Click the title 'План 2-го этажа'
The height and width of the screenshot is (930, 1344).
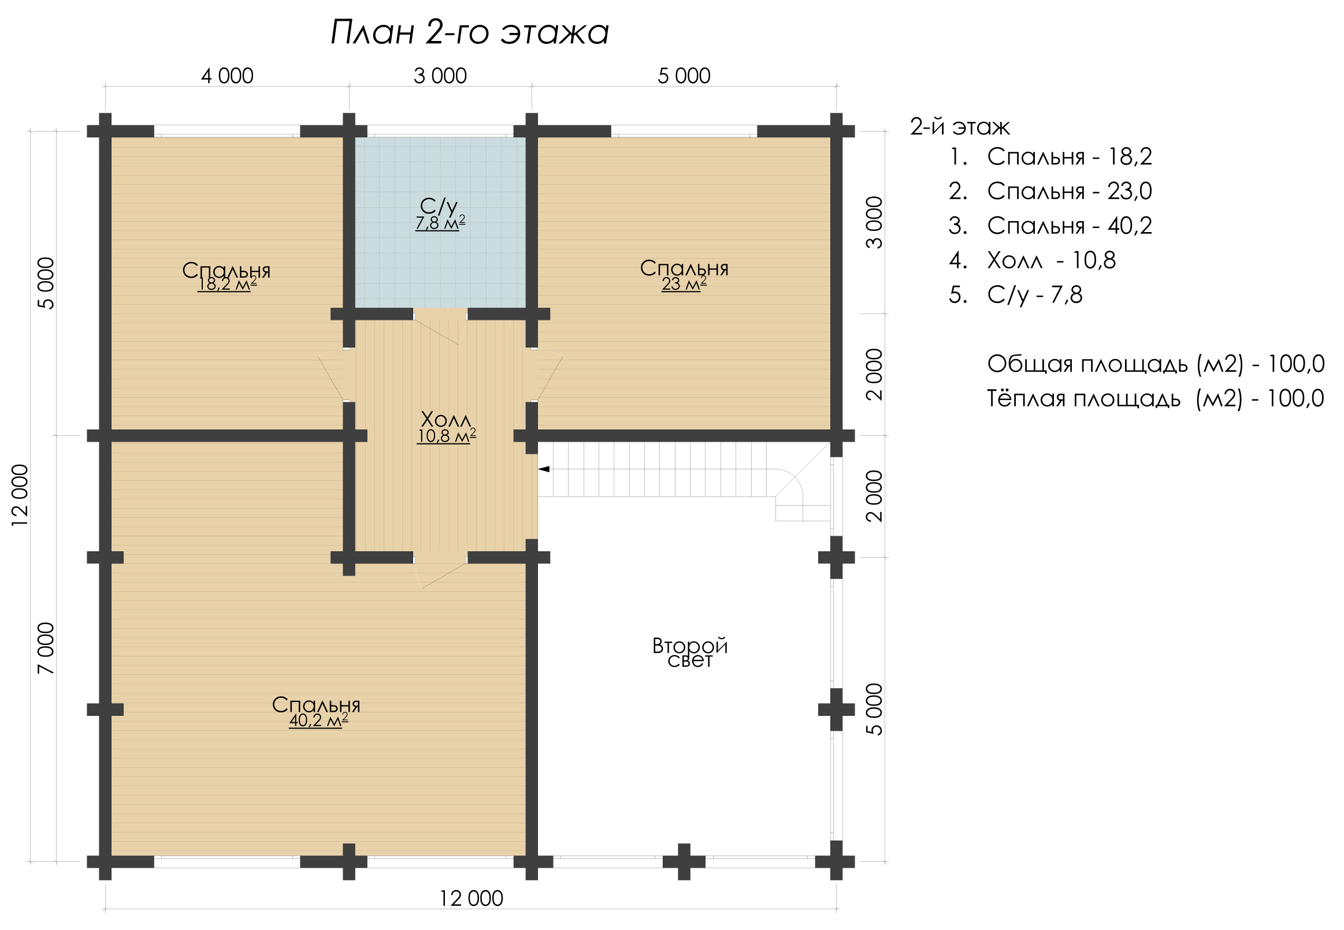tap(469, 32)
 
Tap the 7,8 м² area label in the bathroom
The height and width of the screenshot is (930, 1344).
tap(440, 223)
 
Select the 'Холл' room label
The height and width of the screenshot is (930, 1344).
tap(445, 420)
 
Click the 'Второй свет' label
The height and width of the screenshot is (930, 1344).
tap(690, 653)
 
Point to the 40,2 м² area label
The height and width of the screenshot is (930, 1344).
tap(318, 721)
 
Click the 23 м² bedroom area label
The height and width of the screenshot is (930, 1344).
tap(684, 284)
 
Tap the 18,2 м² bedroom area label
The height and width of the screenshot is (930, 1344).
tap(227, 285)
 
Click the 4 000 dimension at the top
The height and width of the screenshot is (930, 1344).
tap(228, 76)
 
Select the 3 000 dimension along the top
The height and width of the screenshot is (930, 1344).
tap(440, 76)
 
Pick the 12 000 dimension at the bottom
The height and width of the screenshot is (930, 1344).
tap(471, 898)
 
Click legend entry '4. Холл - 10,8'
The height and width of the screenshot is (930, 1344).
tap(1032, 260)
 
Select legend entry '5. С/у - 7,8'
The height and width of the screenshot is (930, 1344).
tap(1016, 296)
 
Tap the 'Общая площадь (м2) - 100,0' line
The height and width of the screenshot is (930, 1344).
tap(1156, 364)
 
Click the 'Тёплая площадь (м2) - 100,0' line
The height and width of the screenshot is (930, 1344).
tap(1156, 399)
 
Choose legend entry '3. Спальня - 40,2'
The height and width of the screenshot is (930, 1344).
tap(1050, 226)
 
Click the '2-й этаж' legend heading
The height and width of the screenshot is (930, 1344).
tap(960, 126)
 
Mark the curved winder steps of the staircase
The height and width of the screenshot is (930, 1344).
tap(799, 495)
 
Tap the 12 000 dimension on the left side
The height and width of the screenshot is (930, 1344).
tap(20, 495)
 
